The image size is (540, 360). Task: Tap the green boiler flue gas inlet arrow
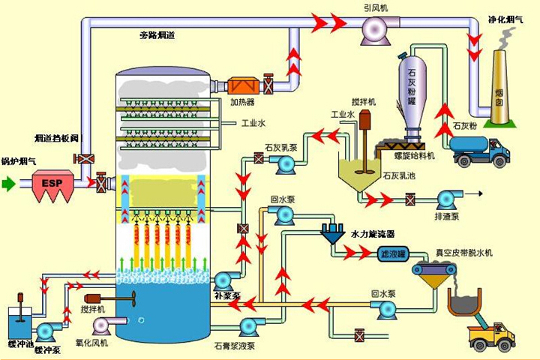tap(8, 182)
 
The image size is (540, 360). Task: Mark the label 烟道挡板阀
tap(55, 138)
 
